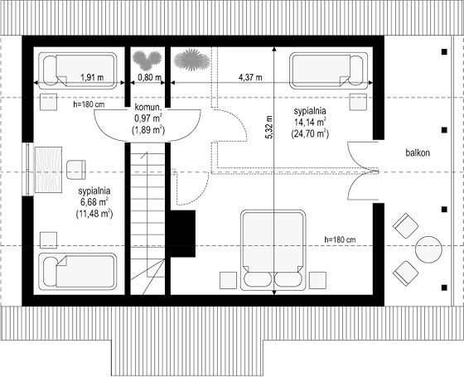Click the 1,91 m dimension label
click(92, 78)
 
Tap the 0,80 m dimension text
click(150, 78)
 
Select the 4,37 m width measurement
click(250, 78)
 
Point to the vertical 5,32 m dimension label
click(269, 128)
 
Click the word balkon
click(418, 153)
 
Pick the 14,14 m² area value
click(310, 122)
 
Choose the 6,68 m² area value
click(94, 202)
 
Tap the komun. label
click(147, 107)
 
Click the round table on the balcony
click(428, 249)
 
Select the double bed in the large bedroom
click(273, 250)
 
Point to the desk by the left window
click(48, 170)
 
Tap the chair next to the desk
click(76, 170)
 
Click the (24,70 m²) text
click(310, 133)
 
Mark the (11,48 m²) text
click(94, 214)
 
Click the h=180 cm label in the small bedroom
click(89, 104)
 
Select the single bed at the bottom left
click(78, 272)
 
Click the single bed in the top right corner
click(328, 70)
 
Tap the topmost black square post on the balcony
click(444, 51)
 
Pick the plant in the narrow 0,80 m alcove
click(147, 60)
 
